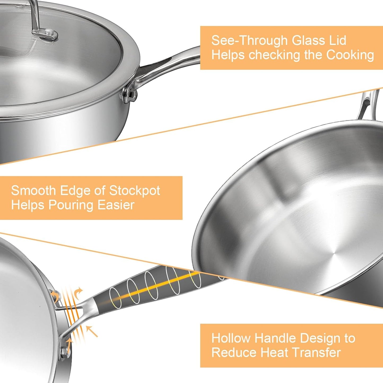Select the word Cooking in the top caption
click(x=350, y=55)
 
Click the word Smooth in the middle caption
click(x=33, y=191)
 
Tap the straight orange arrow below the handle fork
click(x=92, y=332)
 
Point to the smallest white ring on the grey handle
click(x=116, y=298)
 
